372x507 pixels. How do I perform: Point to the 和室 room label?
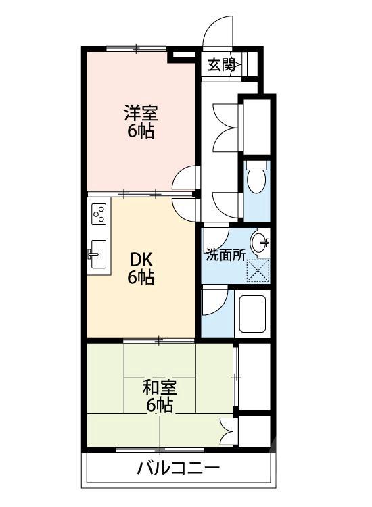tap(160, 387)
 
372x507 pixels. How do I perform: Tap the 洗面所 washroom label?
tap(225, 256)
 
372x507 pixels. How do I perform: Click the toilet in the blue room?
tap(256, 179)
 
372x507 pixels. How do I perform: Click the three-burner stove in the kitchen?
tap(99, 214)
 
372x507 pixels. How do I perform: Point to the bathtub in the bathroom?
tap(252, 315)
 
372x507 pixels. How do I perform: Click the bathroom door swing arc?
tap(211, 302)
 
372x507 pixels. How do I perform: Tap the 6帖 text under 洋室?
tap(141, 130)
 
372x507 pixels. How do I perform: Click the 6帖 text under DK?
tap(141, 276)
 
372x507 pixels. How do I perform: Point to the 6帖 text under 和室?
tap(160, 406)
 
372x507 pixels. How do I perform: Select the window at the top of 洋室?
tap(137, 48)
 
